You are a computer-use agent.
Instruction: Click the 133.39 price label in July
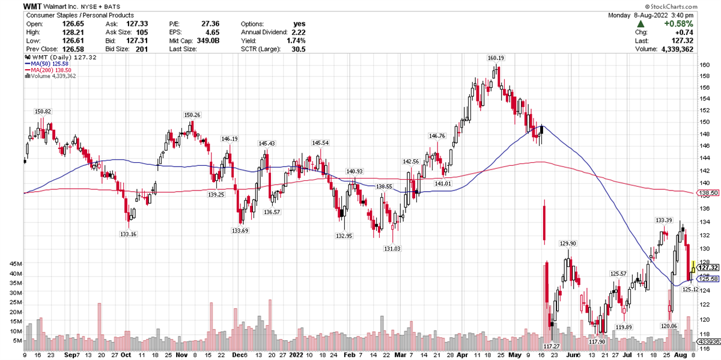[x=663, y=220]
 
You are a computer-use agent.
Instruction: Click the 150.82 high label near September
[x=43, y=111]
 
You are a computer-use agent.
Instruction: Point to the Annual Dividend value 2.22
[x=299, y=32]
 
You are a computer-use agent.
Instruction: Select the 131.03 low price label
[x=392, y=248]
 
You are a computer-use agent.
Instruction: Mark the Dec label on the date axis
[x=239, y=355]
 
